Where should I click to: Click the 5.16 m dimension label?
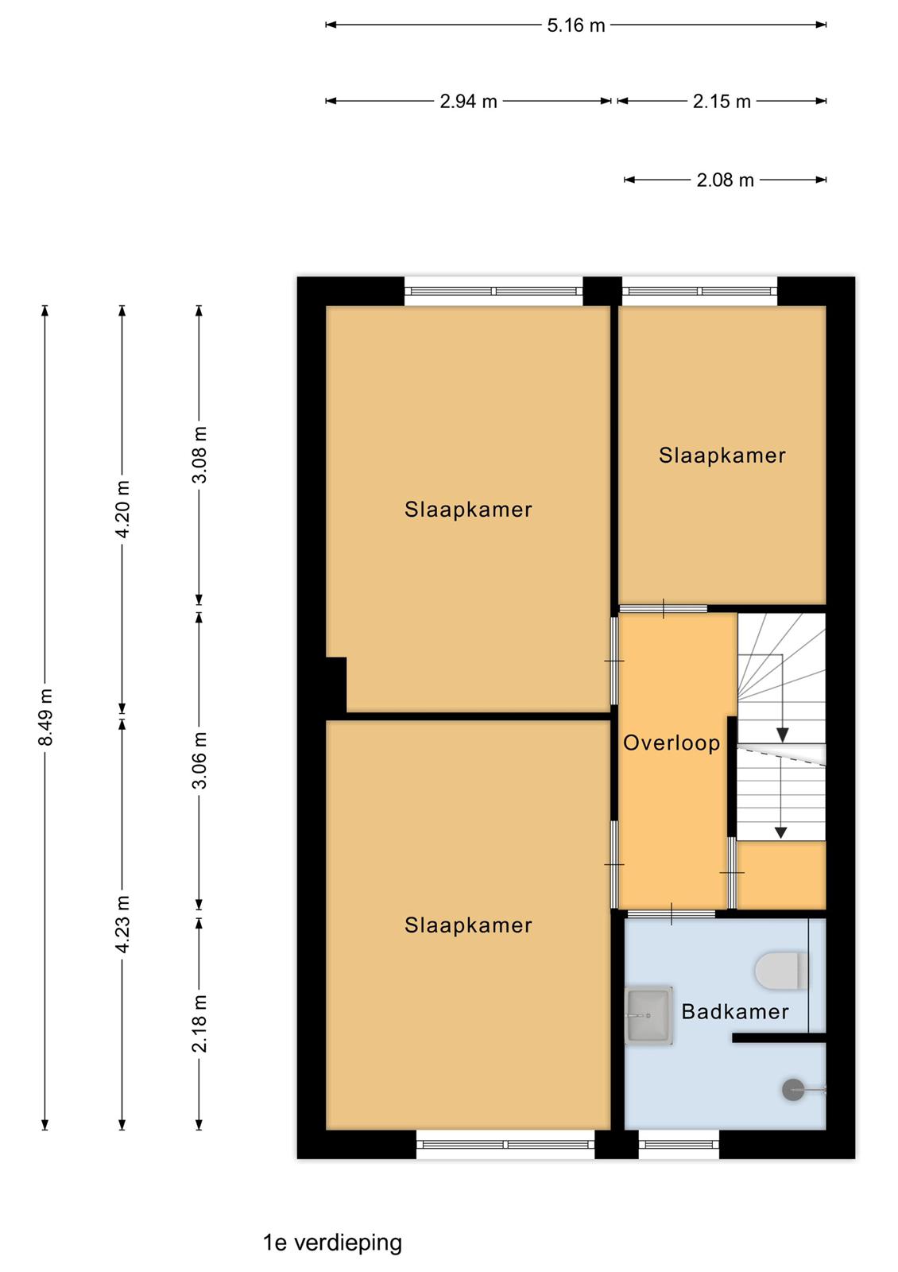click(x=575, y=25)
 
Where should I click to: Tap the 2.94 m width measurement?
click(x=468, y=102)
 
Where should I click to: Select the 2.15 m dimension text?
click(x=722, y=102)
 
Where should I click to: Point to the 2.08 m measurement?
click(x=725, y=180)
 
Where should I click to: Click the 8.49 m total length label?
click(x=45, y=716)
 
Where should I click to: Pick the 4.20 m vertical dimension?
click(x=122, y=508)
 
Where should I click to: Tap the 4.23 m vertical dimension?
click(x=122, y=924)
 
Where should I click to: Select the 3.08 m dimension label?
click(x=199, y=455)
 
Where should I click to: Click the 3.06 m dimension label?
click(x=199, y=760)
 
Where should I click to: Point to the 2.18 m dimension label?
click(x=199, y=1023)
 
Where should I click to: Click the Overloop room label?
click(x=672, y=743)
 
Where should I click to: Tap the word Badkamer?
click(x=735, y=1011)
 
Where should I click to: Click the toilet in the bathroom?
click(x=781, y=971)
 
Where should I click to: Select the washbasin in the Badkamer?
click(x=648, y=1015)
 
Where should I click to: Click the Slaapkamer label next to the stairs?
click(x=722, y=456)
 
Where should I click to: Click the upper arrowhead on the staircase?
click(x=782, y=735)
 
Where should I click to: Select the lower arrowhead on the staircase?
click(x=780, y=832)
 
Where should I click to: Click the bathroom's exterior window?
click(x=679, y=1144)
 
